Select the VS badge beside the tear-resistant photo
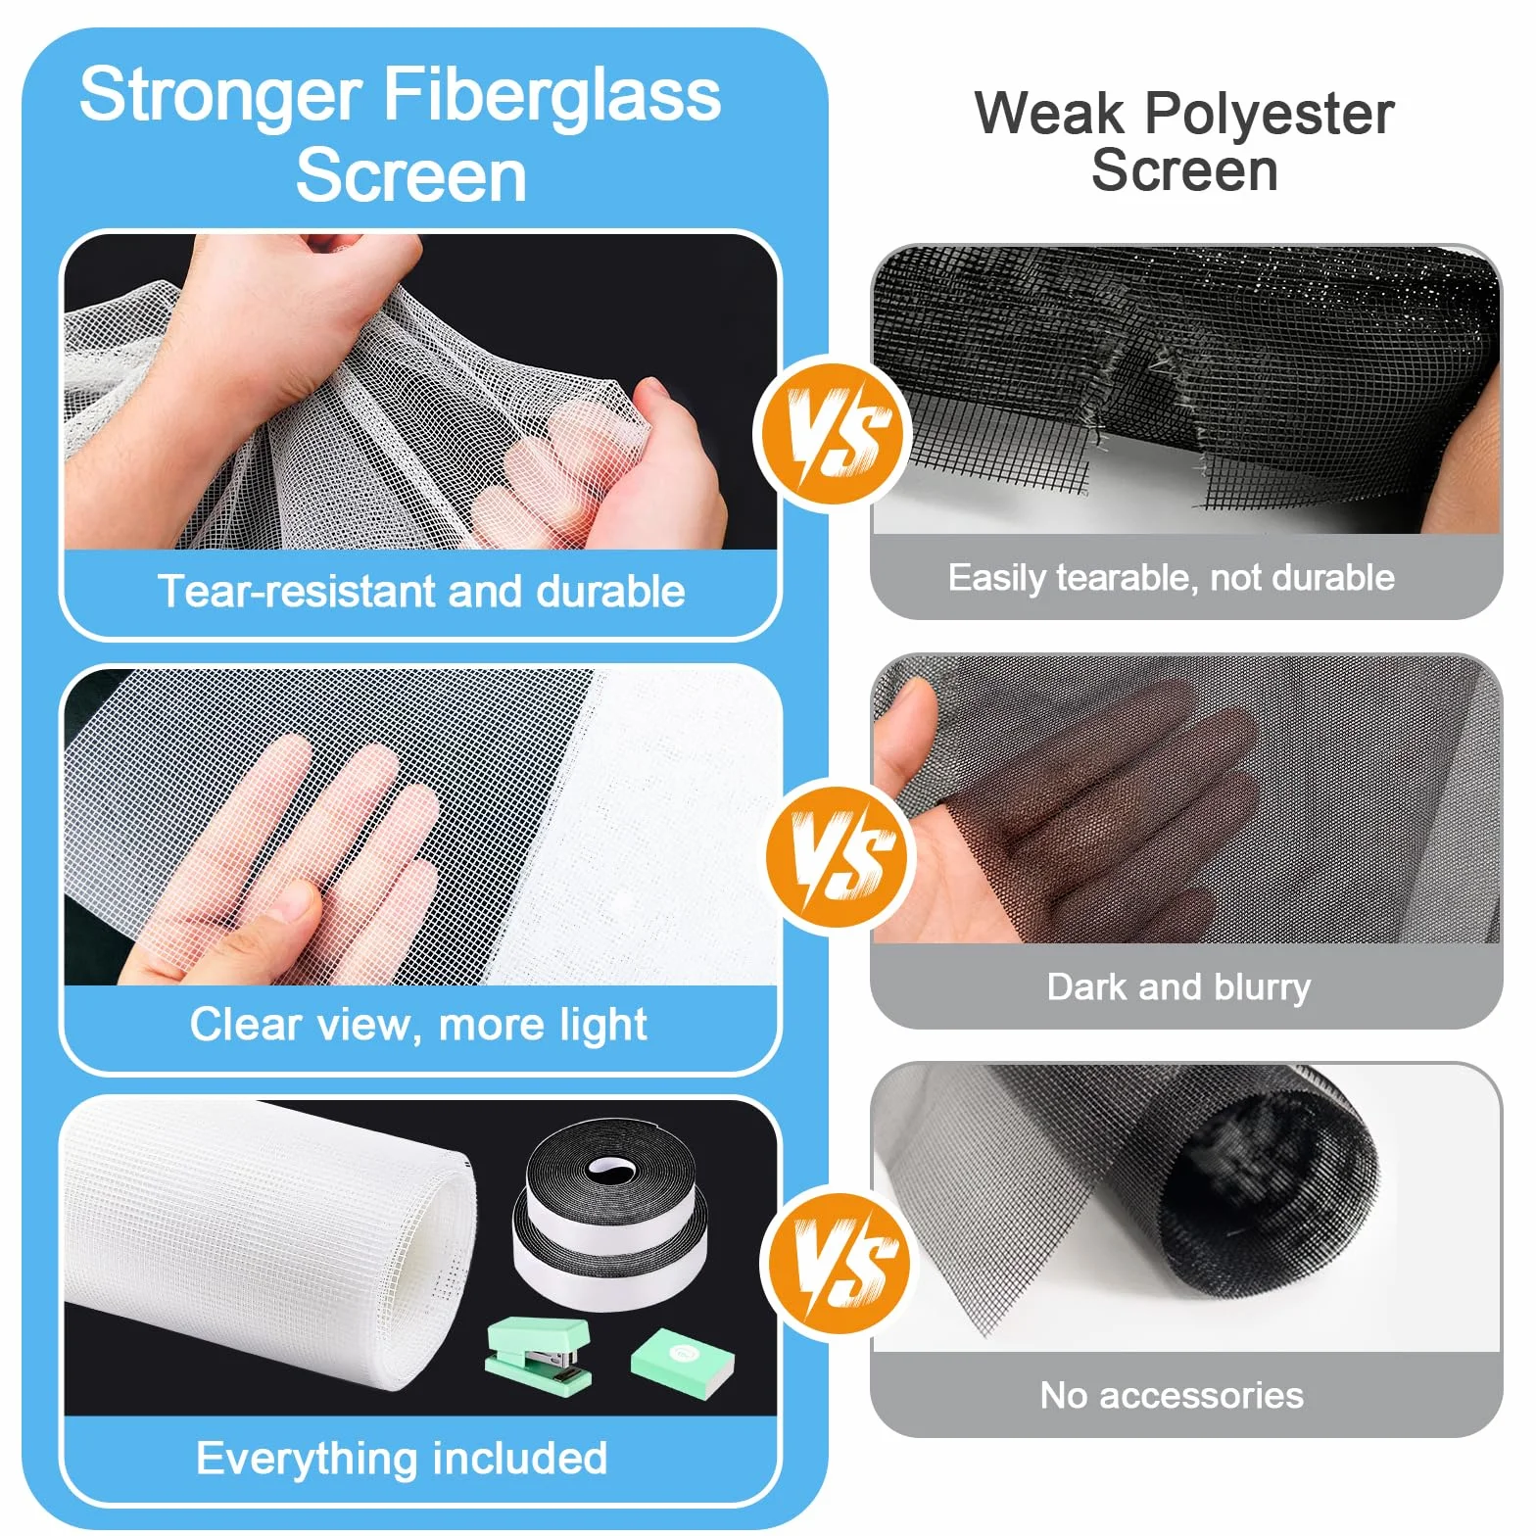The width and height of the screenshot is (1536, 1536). click(833, 433)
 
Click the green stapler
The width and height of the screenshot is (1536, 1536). click(539, 1351)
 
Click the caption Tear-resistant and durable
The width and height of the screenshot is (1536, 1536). click(421, 592)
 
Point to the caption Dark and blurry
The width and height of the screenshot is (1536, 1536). click(1178, 986)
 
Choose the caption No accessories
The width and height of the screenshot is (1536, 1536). click(1172, 1395)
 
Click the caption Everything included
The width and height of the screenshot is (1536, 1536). click(402, 1458)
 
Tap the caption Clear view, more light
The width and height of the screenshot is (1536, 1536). click(418, 1026)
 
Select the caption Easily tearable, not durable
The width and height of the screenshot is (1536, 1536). click(1172, 578)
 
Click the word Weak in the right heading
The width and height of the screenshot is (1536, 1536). click(1049, 113)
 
